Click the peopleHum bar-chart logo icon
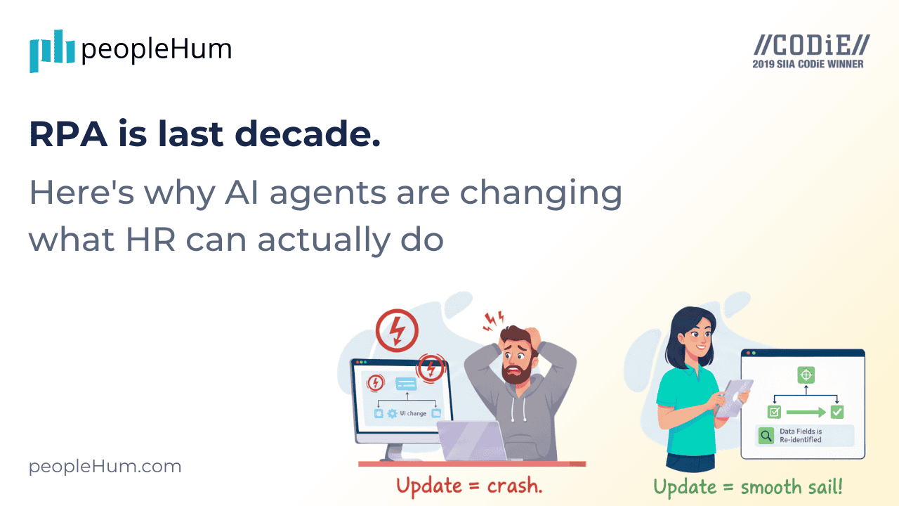(52, 51)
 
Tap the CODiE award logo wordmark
(811, 46)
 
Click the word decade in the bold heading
(320, 134)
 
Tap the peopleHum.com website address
(105, 467)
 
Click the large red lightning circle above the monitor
(397, 330)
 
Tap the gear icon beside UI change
(393, 413)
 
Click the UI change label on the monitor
(413, 413)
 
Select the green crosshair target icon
(806, 375)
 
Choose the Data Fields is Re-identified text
(800, 436)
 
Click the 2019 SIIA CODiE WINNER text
(808, 64)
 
